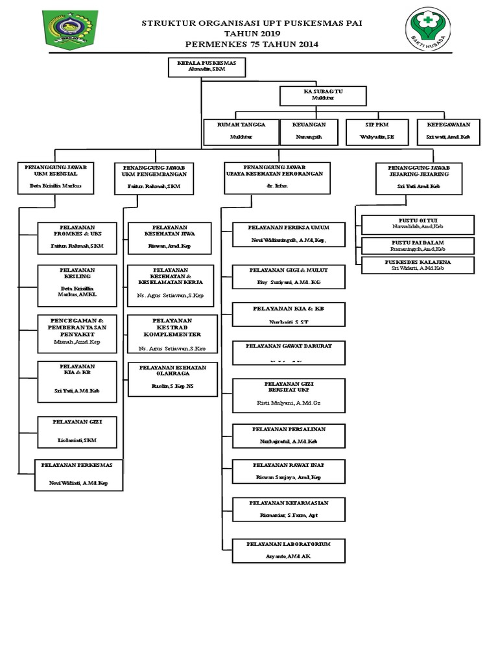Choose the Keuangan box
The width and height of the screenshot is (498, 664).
coord(308,131)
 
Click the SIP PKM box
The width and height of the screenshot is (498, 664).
coord(377,131)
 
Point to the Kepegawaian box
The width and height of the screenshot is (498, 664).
coord(448,131)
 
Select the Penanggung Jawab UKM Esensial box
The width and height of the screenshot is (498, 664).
coord(55,178)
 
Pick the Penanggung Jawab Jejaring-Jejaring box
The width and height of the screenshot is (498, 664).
coord(419,178)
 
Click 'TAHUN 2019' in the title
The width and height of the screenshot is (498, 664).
coord(252,33)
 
